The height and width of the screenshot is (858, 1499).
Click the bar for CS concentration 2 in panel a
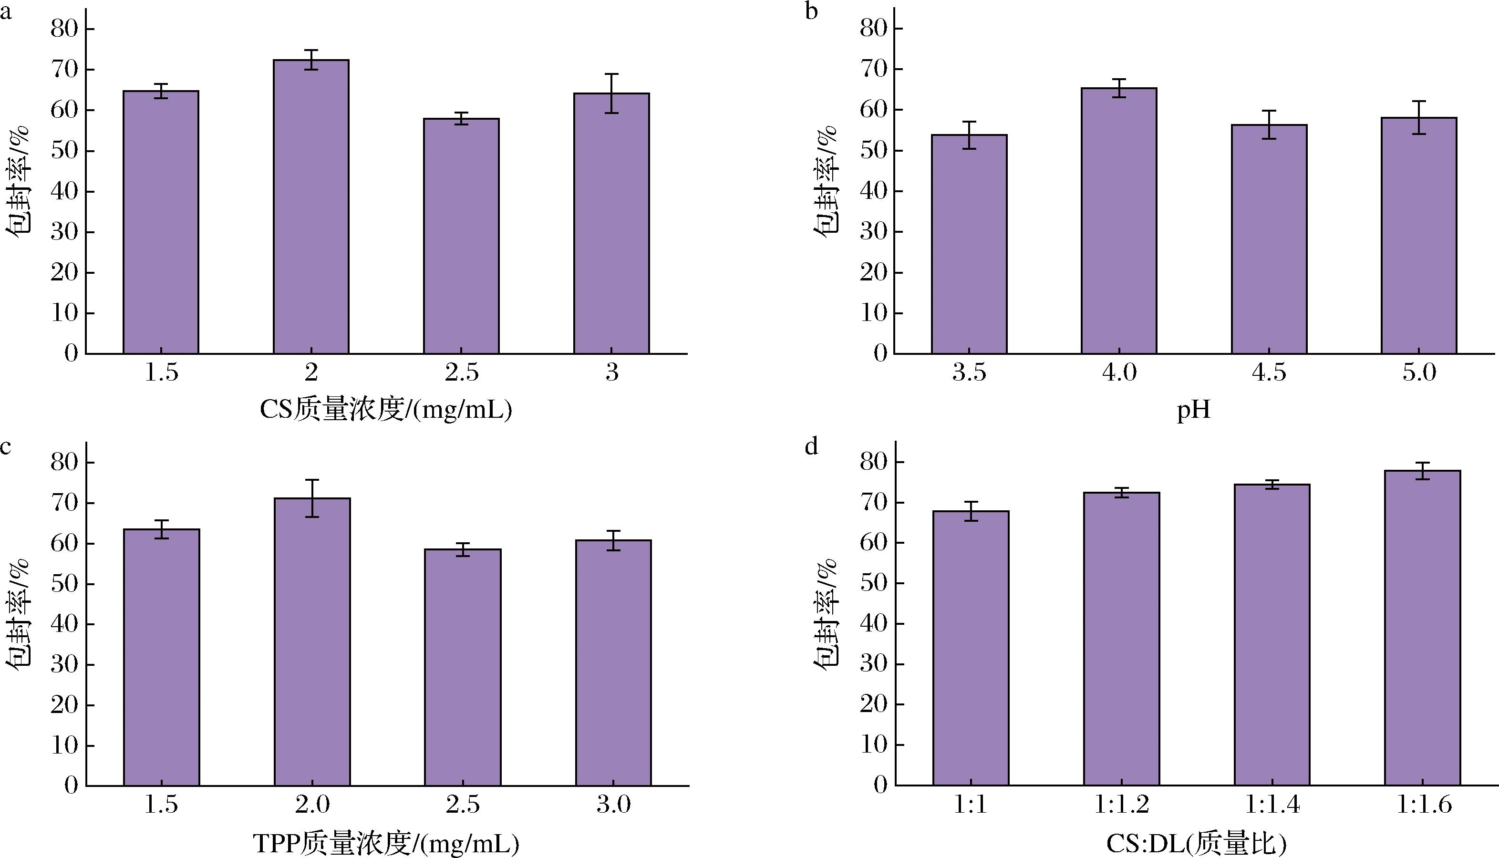pos(311,206)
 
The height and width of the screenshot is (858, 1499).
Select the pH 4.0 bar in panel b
pos(1119,221)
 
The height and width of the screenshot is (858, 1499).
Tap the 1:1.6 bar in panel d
pos(1422,628)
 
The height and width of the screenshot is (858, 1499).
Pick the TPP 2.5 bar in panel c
pos(463,667)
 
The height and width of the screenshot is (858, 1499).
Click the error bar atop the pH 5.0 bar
pos(1419,117)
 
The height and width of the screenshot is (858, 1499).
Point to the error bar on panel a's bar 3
pos(611,93)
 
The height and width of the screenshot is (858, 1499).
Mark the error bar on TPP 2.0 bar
pos(312,498)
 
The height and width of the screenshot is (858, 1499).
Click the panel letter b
pos(811,12)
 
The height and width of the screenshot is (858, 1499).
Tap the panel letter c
pos(6,447)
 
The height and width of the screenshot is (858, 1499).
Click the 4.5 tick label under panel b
pos(1269,372)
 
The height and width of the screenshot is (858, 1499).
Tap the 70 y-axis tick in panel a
pos(63,70)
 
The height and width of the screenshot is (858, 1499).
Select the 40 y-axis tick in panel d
pos(873,623)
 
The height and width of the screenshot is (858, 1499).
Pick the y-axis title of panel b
pos(826,181)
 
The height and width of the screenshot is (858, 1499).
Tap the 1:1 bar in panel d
pos(971,648)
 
